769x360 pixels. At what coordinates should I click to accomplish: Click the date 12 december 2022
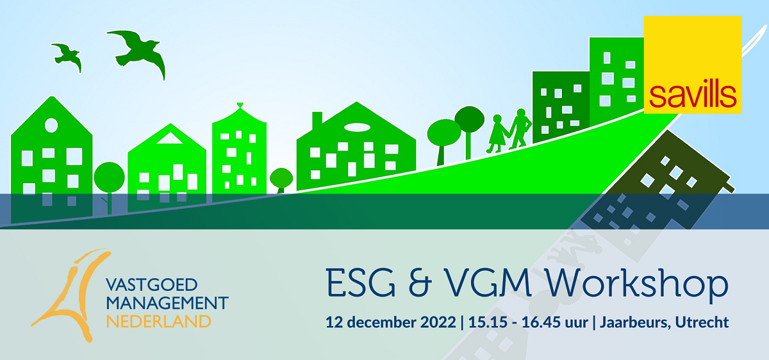pos(390,322)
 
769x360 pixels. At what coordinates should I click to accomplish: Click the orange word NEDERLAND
pos(158,321)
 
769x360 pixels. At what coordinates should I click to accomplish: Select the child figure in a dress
pos(497,134)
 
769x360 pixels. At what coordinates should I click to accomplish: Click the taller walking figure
pos(520,129)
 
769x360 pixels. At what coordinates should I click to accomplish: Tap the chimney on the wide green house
pos(317,120)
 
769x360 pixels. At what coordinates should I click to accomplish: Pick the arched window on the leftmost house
pos(51,126)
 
